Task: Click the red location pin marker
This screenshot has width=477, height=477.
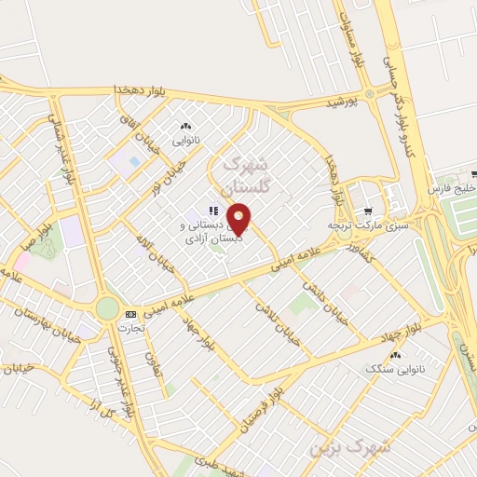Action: click(239, 218)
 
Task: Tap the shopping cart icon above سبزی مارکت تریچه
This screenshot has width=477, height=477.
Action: click(369, 210)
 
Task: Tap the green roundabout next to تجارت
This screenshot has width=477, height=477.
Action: click(107, 307)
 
